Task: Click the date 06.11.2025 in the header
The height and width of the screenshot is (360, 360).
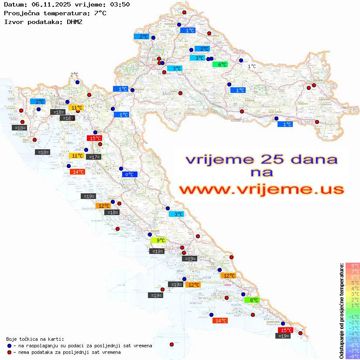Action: [46, 4]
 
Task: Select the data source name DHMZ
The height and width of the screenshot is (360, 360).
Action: [75, 21]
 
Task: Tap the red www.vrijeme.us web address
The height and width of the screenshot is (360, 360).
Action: [261, 189]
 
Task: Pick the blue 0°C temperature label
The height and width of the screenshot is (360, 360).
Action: [129, 175]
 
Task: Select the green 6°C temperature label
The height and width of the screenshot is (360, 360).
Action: [220, 65]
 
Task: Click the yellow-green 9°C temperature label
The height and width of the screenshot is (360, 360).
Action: [158, 240]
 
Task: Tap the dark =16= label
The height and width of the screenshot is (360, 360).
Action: [67, 118]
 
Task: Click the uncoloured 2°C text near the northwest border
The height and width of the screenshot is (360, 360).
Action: [74, 75]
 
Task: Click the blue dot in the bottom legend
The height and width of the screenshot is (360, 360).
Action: [10, 346]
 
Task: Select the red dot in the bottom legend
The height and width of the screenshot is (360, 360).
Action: [10, 352]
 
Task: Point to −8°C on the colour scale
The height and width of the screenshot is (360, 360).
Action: [352, 357]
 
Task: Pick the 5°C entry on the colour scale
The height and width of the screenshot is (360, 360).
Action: [352, 283]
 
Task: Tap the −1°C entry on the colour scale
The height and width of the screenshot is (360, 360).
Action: [352, 317]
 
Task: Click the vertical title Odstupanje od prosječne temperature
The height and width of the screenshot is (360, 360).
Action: [341, 310]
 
